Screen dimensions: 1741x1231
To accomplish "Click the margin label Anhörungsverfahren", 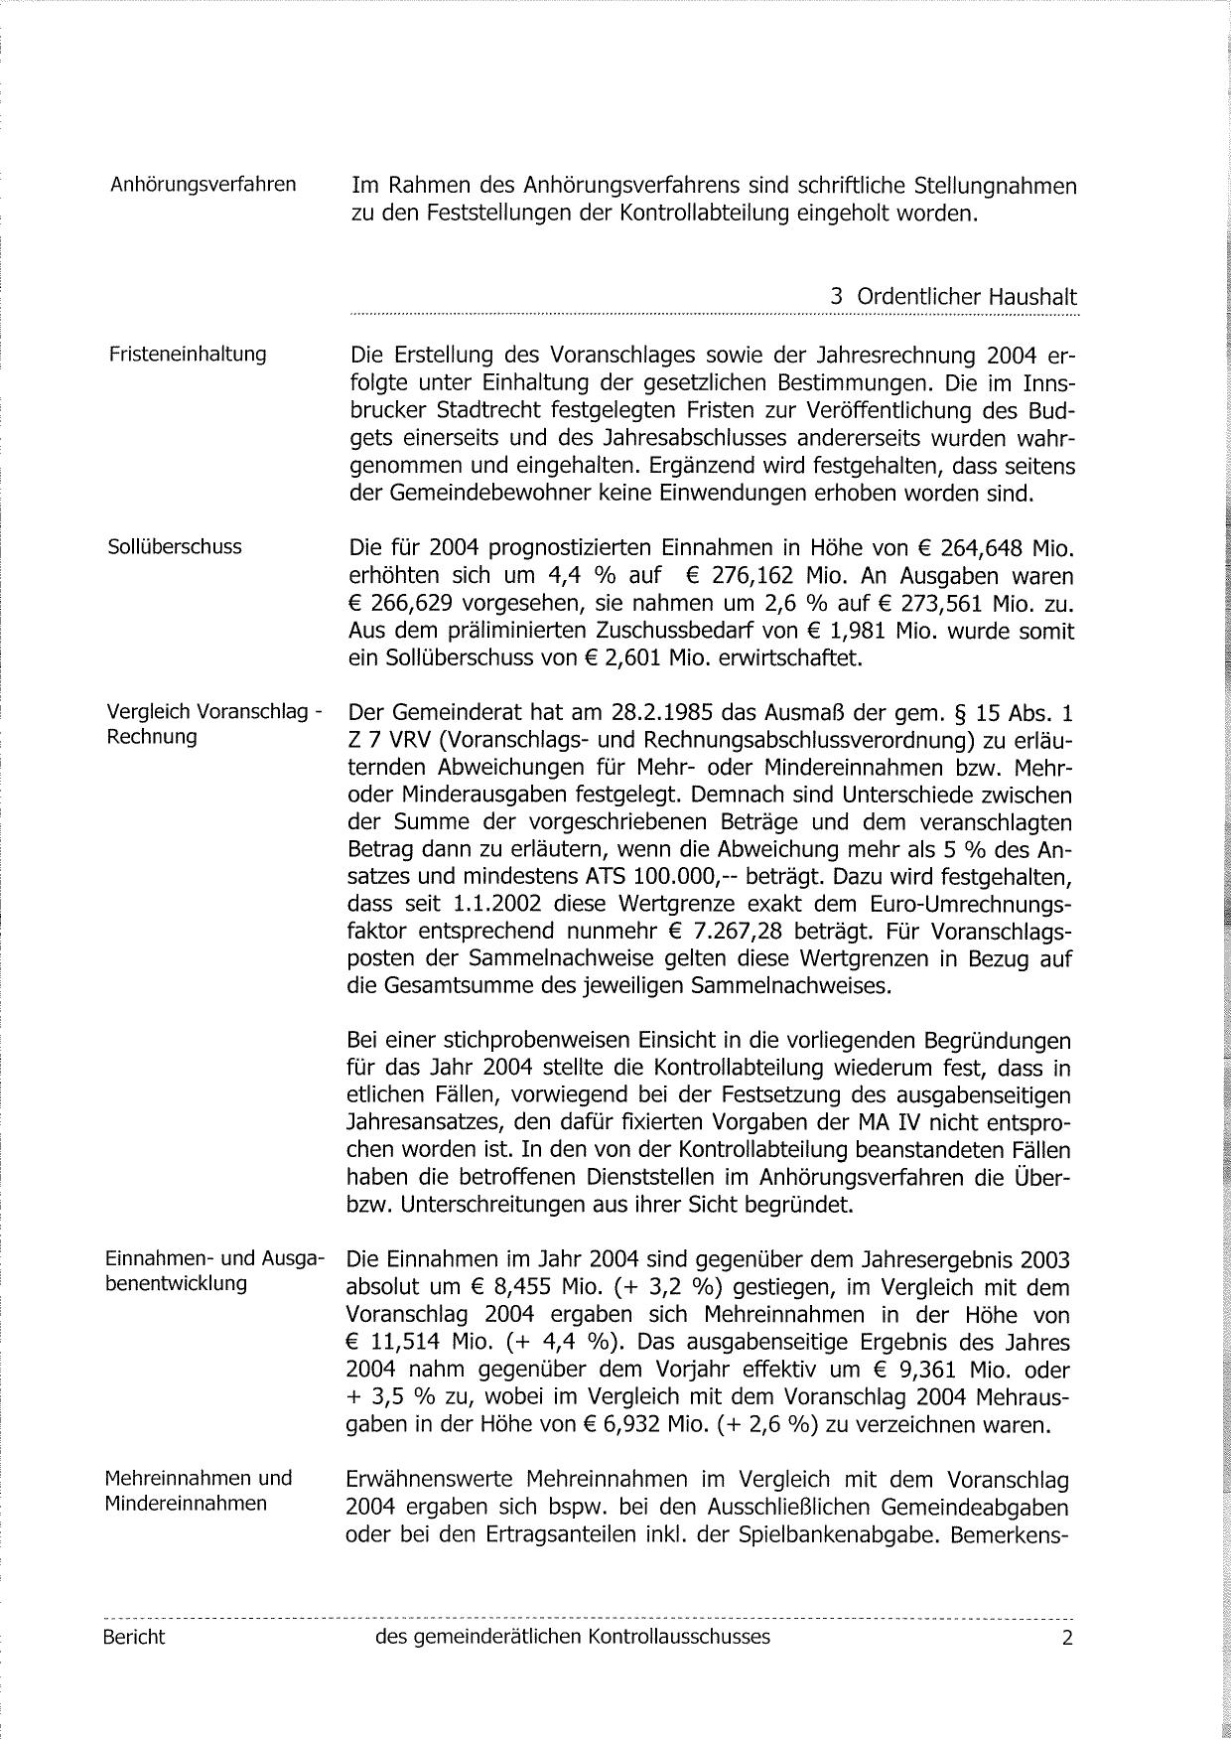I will click(203, 185).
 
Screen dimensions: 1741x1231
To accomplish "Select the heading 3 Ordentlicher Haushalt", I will click(953, 297).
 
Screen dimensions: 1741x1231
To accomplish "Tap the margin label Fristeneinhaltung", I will click(187, 354).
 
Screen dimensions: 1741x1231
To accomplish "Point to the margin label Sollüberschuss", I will click(174, 546).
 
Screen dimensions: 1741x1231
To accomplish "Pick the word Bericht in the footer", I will click(134, 1637).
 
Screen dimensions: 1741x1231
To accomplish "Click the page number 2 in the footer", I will click(1067, 1638).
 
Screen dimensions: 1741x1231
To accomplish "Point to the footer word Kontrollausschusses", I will click(679, 1637).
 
